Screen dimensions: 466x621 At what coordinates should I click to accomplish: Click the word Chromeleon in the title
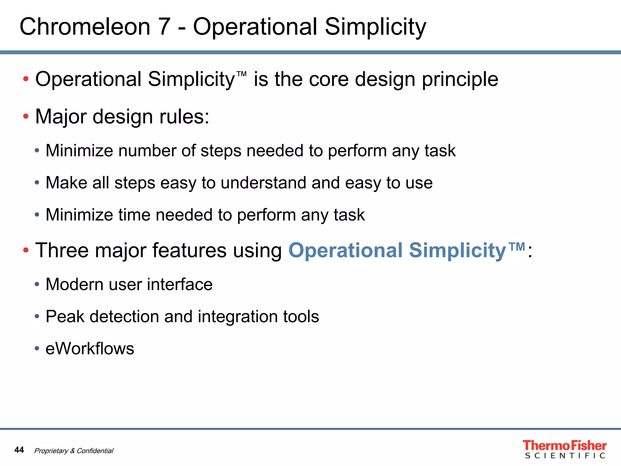85,27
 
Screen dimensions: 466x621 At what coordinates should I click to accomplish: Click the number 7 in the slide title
164,27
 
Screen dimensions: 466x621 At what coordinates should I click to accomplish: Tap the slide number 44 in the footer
19,450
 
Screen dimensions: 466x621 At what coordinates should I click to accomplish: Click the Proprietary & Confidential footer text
74,451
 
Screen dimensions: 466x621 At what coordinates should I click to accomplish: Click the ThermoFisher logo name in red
564,445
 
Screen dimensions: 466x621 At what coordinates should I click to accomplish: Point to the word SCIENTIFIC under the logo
565,456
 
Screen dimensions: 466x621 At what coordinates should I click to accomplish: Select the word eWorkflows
90,348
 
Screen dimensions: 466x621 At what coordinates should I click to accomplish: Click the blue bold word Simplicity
457,250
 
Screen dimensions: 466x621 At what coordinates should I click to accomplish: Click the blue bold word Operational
346,250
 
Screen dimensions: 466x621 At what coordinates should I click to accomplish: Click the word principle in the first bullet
460,79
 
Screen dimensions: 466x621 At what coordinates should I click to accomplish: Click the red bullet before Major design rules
26,116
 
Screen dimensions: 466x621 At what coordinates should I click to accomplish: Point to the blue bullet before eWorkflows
37,348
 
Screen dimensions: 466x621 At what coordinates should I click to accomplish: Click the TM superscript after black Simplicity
241,74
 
